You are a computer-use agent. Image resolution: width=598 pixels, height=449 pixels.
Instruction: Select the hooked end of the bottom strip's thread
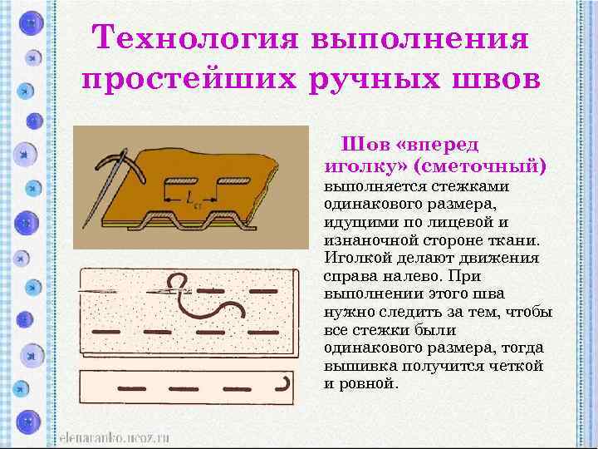click(x=286, y=384)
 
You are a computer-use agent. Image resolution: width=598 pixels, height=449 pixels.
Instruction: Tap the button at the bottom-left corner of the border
click(x=30, y=421)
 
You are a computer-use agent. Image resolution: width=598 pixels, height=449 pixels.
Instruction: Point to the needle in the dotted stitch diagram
click(x=125, y=290)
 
